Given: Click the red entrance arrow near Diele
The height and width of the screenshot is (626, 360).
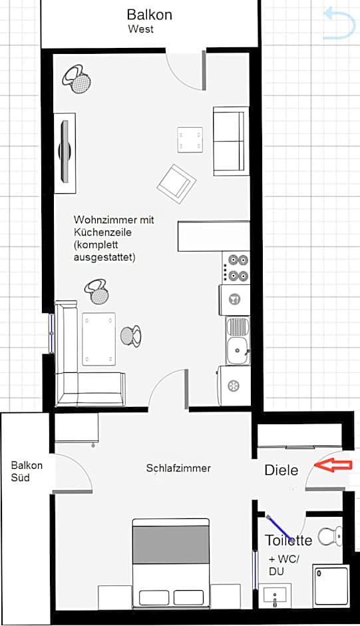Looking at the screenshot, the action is point(333,465).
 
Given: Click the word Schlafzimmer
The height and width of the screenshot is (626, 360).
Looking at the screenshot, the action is point(178,468).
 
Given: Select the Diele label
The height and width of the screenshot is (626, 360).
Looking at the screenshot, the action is point(281,470).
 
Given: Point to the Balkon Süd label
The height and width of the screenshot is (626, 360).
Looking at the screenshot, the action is point(27,471).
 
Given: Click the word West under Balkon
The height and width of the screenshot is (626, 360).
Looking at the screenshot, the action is point(140,29).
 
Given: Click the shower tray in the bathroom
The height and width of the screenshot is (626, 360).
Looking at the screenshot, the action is point(331,584).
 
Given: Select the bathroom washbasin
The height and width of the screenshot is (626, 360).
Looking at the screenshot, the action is point(275,596).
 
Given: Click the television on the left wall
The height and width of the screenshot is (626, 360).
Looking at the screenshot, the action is point(65,153).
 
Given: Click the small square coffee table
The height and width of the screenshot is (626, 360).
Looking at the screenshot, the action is point(190,139).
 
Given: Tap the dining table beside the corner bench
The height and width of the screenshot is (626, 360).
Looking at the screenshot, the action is point(98,338).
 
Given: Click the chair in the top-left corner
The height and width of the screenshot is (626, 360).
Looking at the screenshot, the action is point(77,79).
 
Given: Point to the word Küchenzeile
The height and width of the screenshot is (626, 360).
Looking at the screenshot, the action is point(102,232).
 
